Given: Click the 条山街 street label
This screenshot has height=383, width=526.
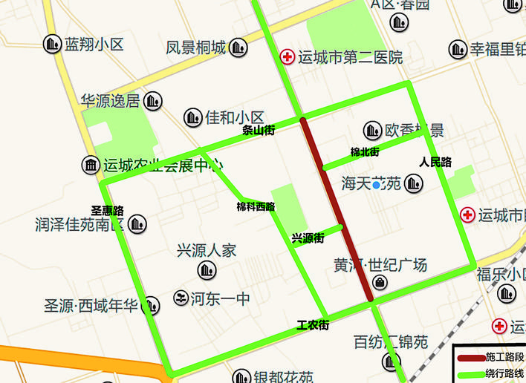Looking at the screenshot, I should tap(259, 130).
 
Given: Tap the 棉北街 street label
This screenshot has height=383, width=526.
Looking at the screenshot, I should tap(365, 152).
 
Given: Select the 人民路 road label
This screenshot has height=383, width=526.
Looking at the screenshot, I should tap(435, 162).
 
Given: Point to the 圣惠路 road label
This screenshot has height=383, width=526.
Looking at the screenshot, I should tap(107, 211).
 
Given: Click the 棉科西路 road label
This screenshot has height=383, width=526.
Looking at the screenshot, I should tap(256, 207).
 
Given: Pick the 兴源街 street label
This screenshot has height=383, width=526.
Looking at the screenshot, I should tap(308, 238).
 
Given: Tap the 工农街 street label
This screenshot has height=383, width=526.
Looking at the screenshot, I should tap(313, 325).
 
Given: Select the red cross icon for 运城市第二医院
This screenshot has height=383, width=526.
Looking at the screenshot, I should tap(286, 56).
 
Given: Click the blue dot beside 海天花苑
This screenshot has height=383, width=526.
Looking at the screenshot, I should tap(377, 184).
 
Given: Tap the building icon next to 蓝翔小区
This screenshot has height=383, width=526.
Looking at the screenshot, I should tap(52, 45).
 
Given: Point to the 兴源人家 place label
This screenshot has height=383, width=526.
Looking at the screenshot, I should tap(207, 250).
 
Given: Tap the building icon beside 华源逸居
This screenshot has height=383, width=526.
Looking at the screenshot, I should tap(153, 100).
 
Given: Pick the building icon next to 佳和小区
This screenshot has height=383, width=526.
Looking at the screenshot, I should tap(193, 117).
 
